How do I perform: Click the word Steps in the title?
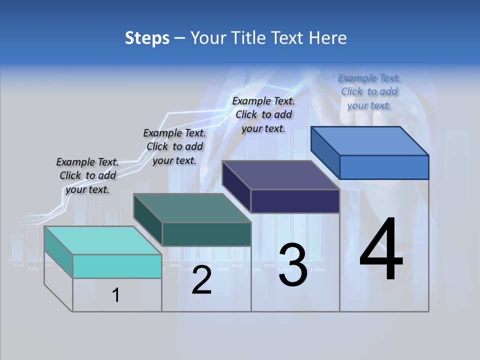coord(146,38)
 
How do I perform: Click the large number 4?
coord(381,249)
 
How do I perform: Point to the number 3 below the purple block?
coord(293,265)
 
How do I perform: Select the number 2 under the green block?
coord(201,280)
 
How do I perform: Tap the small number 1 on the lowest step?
coord(116,295)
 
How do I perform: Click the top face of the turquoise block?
coord(102,240)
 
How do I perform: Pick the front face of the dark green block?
coord(206,234)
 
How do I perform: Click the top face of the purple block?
coord(281,175)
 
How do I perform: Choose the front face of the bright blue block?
coord(384,167)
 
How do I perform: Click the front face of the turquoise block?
coord(117,266)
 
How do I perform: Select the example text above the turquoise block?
coord(87,175)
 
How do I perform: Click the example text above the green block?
coord(174,146)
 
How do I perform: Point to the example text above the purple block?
coord(263,114)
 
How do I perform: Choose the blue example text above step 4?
coord(369,91)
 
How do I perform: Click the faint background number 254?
coord(18,265)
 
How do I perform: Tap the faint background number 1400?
coord(317,269)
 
